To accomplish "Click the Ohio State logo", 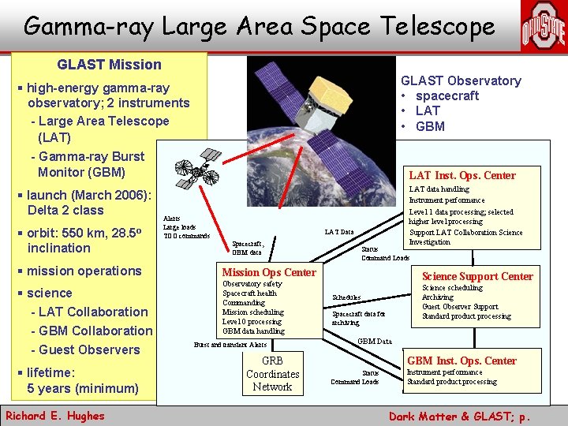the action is tap(542, 27).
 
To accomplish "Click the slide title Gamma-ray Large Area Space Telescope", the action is tap(259, 26).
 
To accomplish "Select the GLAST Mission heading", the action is tap(109, 65).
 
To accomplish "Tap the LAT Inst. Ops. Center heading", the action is tap(461, 175).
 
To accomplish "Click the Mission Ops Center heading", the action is tap(269, 272).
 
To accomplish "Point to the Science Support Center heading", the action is tap(477, 276).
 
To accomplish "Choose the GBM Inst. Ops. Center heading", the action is tap(461, 361).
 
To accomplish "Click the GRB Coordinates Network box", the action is tap(272, 374).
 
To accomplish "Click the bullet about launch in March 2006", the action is tap(77, 202).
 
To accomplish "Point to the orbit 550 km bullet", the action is tap(77, 240).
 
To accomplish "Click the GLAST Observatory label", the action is tap(461, 80).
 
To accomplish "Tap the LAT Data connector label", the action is tap(339, 232).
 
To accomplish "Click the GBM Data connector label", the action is tap(374, 342).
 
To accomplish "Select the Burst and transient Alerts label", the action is tap(230, 345).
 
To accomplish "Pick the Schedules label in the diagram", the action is tap(346, 297).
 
